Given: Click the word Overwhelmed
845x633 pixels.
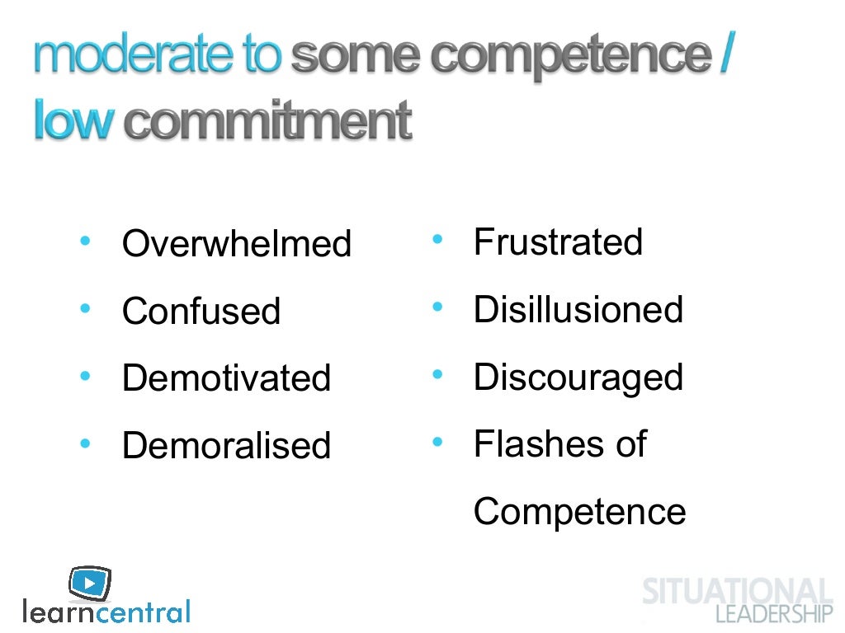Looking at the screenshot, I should [x=236, y=244].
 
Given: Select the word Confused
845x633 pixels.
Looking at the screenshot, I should [x=201, y=312].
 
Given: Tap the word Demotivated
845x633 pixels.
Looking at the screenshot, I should [x=226, y=378].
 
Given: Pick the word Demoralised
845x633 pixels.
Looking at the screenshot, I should [x=226, y=446].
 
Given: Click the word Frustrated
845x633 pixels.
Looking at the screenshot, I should [x=558, y=242].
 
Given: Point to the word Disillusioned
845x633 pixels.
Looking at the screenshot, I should [x=578, y=310].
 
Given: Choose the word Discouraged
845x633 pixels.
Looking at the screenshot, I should [x=578, y=377].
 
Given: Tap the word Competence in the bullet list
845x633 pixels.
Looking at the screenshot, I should [x=579, y=512].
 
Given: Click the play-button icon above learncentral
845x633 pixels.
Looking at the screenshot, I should [x=89, y=583].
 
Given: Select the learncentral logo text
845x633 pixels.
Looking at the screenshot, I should [x=106, y=612].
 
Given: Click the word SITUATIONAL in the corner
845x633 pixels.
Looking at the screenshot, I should [x=737, y=592].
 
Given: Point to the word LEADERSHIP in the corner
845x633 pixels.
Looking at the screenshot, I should [x=774, y=614].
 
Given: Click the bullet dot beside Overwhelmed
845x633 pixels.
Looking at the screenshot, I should [x=85, y=241].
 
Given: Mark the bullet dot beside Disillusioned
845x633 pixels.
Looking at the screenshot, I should [x=437, y=308].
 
